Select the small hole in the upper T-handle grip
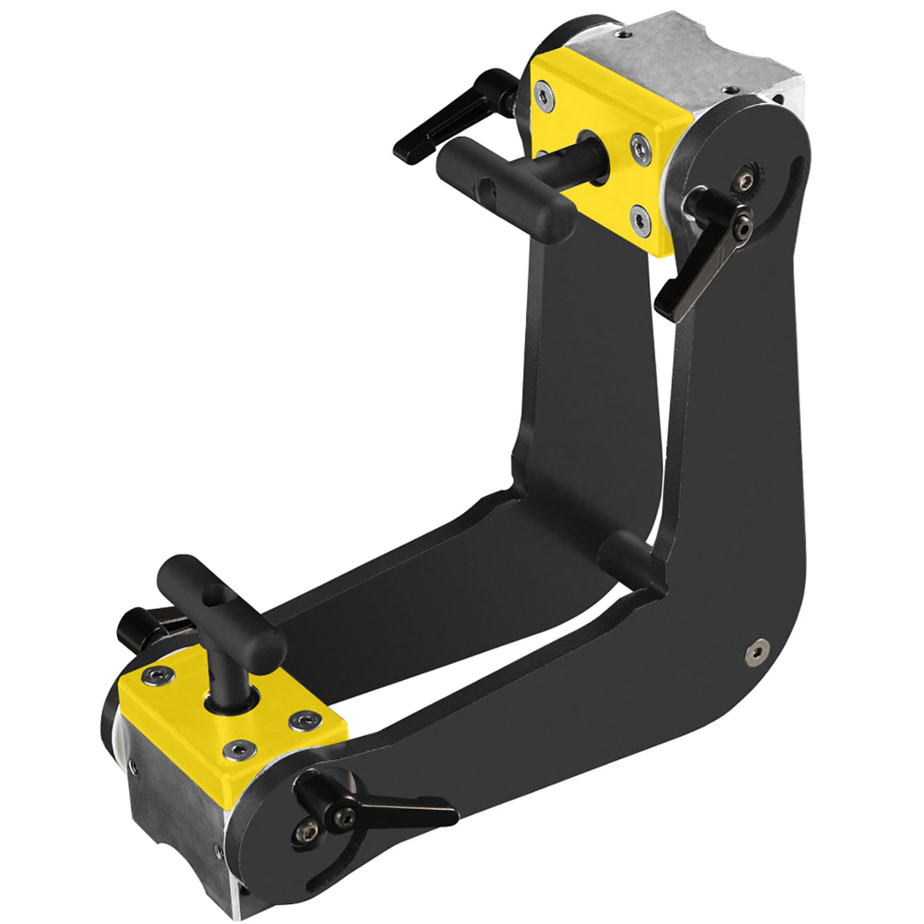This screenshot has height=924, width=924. point(484,186)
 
